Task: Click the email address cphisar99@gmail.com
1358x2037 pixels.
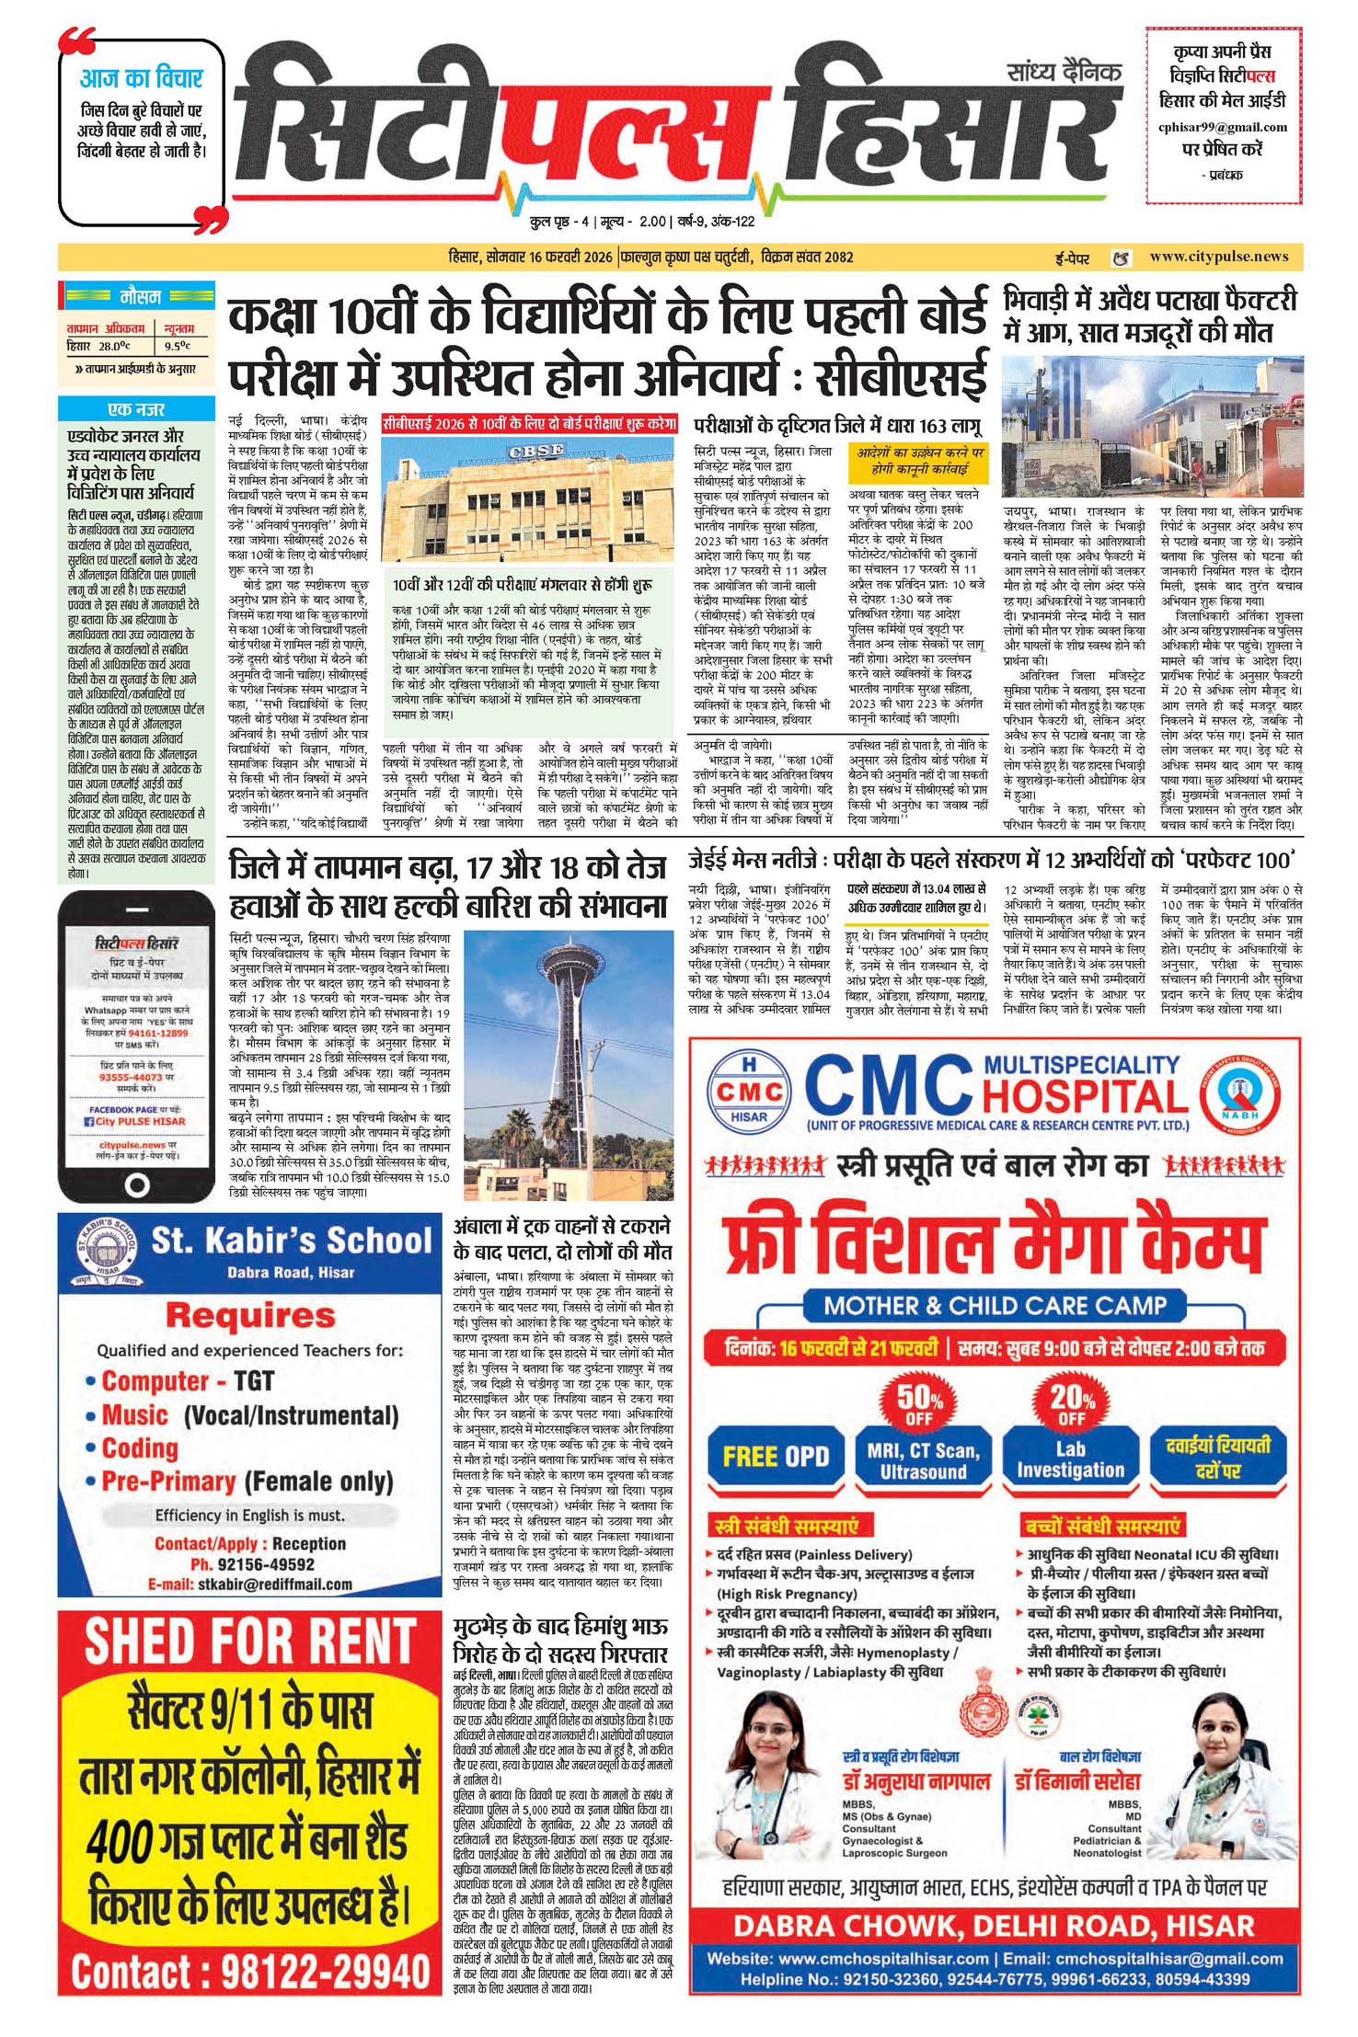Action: (1222, 127)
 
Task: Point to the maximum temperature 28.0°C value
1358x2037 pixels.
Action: (114, 347)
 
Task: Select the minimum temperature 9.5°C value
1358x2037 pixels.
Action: (178, 347)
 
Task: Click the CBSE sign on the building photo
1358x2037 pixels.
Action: (535, 452)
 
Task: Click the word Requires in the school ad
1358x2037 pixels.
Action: (250, 1315)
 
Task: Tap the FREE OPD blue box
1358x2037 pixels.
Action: (776, 1457)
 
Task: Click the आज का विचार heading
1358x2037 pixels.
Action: (141, 78)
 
